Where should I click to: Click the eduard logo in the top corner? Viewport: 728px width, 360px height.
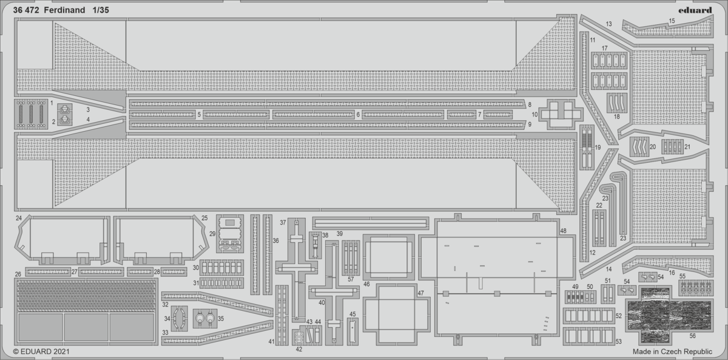coord(695,10)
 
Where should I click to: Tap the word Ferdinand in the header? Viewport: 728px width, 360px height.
coord(64,10)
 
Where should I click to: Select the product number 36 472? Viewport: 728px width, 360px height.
coord(26,10)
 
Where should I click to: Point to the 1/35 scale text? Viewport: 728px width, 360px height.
coord(101,10)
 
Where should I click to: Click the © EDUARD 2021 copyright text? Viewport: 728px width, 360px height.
coord(41,352)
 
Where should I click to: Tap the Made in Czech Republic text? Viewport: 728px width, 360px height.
coord(672,352)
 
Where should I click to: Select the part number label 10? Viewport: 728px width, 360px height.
coord(534,115)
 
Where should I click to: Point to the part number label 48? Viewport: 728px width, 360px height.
coord(563,231)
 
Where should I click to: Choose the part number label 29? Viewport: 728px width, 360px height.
coord(212,234)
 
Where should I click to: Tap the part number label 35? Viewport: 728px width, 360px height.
coord(221,319)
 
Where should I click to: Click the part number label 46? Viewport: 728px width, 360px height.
coord(366,284)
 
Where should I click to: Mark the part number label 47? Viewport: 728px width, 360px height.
coord(421,293)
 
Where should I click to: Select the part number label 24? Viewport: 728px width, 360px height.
coord(19,218)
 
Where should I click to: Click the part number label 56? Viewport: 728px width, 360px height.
coord(693,336)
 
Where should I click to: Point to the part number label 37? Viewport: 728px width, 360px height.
coord(283,222)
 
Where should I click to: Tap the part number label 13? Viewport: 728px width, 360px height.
coord(608,24)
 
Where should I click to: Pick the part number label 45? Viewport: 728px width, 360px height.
coord(352,314)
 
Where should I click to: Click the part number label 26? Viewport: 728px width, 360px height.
coord(18,274)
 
